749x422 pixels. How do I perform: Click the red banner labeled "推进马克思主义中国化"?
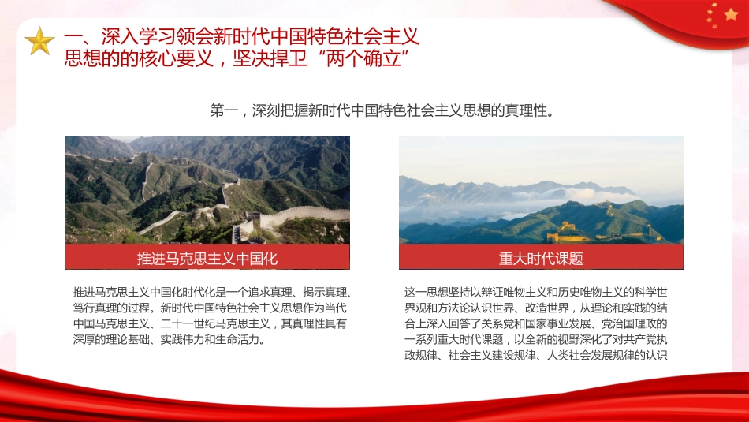pyautogui.click(x=207, y=258)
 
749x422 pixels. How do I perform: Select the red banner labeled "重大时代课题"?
pyautogui.click(x=541, y=258)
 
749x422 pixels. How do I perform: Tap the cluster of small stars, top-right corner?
pyautogui.click(x=713, y=14)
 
